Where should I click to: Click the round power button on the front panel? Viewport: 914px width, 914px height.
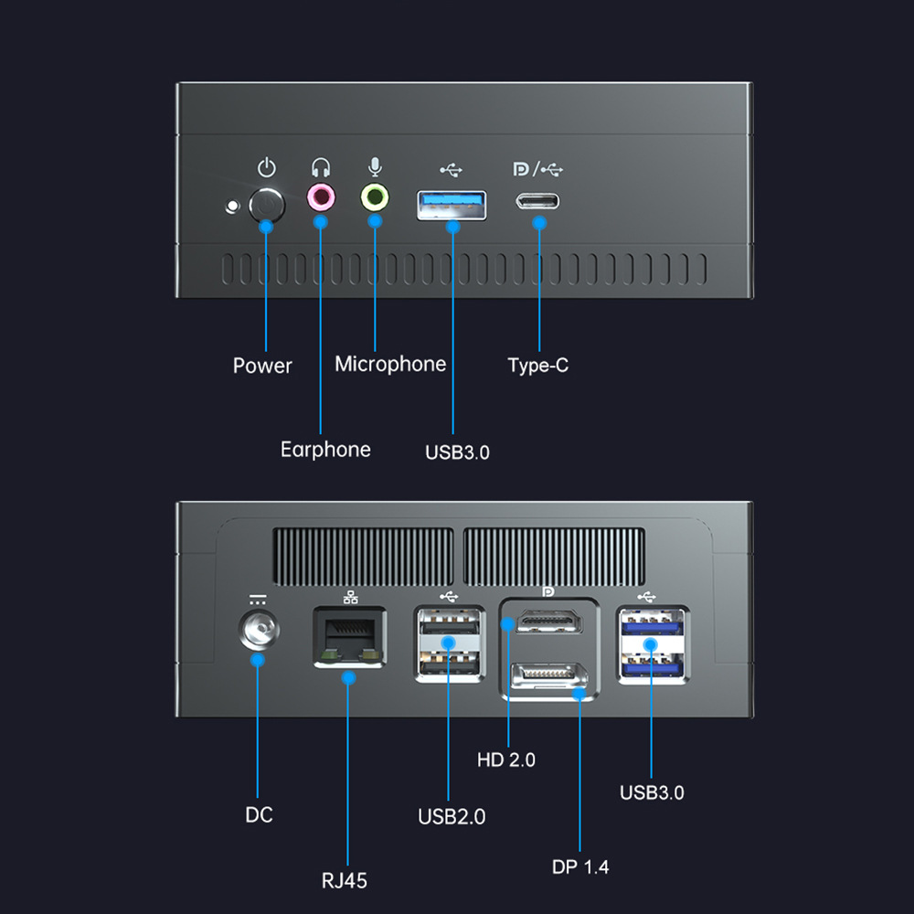267,203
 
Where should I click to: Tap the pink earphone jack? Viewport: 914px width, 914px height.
321,196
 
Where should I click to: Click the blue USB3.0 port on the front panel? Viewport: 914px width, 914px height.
452,205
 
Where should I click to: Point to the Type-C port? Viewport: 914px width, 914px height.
537,201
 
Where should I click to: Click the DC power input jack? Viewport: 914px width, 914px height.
258,632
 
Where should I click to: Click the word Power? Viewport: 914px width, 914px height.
262,367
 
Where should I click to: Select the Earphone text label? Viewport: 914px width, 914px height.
325,450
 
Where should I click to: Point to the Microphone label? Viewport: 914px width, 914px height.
390,365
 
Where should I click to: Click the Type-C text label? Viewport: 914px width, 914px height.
538,366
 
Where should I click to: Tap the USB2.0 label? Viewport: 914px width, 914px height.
452,816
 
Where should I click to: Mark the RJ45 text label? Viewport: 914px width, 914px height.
345,881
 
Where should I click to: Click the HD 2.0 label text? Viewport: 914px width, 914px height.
506,760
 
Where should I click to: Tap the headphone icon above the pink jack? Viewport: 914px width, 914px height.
321,168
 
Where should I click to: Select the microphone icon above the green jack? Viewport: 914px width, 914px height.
375,167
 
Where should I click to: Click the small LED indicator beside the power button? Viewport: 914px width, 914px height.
232,206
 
